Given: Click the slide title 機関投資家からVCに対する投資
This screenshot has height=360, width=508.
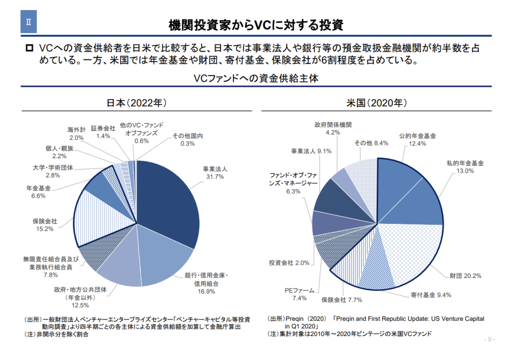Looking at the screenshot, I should click(256, 25).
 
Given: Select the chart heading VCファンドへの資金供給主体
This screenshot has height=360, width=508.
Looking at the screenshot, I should click(256, 78).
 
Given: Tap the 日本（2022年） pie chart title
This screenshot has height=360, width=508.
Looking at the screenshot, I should click(137, 103).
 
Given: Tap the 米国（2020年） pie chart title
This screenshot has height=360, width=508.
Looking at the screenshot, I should click(376, 103).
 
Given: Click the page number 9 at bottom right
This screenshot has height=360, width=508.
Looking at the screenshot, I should click(490, 340).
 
